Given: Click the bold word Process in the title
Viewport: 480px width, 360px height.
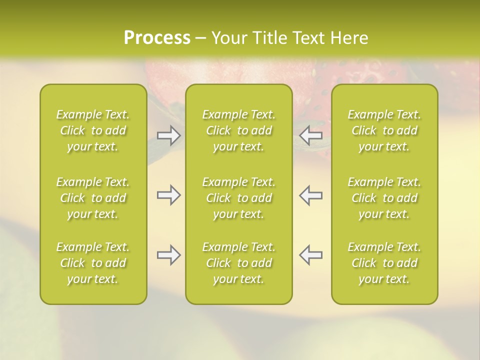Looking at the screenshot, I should point(157,38).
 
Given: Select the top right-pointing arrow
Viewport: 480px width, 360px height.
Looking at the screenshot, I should point(168,135).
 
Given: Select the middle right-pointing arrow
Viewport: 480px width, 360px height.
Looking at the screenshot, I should point(168,195).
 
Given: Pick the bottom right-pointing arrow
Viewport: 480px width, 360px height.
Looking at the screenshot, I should point(168,255).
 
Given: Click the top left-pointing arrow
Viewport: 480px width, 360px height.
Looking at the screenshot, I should point(311,135).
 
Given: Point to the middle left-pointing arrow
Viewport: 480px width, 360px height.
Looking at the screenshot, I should point(311,195).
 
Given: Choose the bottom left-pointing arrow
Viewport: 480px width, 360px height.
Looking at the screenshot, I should point(311,255).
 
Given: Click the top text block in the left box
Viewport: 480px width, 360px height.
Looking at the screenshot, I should point(93,130).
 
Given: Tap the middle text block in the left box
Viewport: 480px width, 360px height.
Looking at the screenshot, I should point(93,198).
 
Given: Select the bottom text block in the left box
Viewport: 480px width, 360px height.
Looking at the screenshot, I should point(93,263).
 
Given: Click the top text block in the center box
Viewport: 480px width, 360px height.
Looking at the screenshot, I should point(239,130).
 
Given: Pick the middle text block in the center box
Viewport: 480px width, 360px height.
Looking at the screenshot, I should point(239,198).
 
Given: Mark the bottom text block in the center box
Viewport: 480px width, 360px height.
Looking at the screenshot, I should point(239,263).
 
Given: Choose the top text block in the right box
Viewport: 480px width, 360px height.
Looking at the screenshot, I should point(384,130).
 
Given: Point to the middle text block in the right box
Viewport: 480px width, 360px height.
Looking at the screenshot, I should point(384,198).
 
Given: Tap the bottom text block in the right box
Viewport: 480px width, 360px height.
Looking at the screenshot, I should point(384,263).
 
